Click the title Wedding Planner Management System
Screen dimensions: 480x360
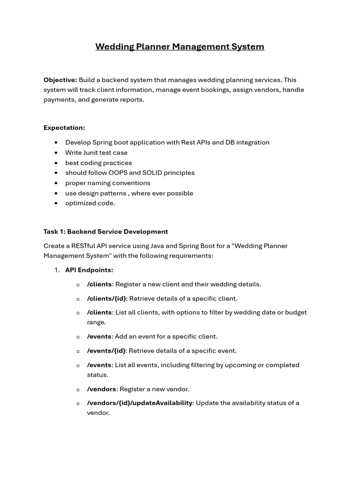(180, 46)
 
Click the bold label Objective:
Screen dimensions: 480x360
(60, 80)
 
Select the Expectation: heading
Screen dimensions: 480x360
(64, 127)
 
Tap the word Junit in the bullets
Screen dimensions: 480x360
(93, 152)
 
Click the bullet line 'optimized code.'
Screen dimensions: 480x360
(90, 203)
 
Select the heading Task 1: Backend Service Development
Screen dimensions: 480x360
(105, 232)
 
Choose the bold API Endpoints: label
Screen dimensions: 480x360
(89, 270)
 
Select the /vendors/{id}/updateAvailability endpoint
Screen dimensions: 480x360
(140, 403)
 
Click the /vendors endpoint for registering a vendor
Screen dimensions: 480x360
(102, 389)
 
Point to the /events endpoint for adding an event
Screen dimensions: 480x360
(99, 337)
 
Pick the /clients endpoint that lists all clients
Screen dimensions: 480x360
(99, 313)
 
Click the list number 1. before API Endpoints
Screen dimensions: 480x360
(57, 270)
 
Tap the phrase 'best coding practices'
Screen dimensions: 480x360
(98, 163)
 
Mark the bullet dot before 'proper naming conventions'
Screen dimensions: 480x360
(56, 183)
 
